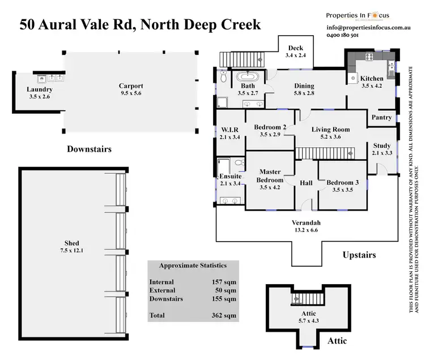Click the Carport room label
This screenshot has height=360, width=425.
click(x=130, y=85)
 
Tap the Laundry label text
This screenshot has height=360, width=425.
click(x=40, y=89)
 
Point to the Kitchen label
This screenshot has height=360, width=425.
click(x=372, y=79)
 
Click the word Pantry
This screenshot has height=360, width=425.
click(x=381, y=118)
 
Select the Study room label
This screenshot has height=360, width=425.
click(x=381, y=145)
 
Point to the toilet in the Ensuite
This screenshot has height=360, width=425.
click(x=239, y=164)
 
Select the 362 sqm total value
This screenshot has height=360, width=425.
click(x=224, y=315)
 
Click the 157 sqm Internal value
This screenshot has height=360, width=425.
click(x=224, y=282)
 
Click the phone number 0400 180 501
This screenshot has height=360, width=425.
click(x=342, y=35)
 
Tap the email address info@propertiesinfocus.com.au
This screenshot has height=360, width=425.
click(x=369, y=27)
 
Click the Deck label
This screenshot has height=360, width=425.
click(x=296, y=48)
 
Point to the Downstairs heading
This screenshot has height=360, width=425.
click(x=89, y=149)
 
